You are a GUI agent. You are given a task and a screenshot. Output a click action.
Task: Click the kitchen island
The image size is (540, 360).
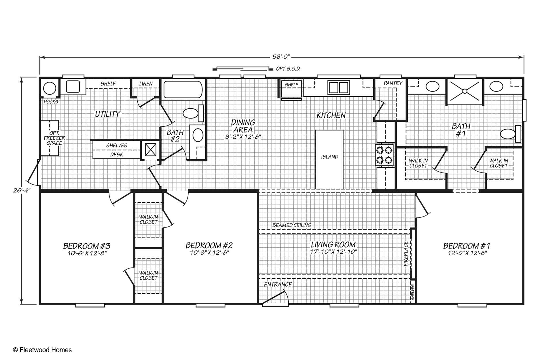point(329,160)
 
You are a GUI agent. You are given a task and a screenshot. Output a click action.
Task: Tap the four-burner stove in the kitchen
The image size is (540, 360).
point(384,155)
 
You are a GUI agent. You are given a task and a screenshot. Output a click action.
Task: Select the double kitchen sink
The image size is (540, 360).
point(339,87)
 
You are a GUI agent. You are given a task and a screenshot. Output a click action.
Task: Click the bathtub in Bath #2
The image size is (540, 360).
point(183,89)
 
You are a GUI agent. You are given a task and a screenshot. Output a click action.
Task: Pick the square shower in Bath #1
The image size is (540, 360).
point(465,91)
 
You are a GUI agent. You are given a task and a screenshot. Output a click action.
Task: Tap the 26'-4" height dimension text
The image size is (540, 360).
point(22,190)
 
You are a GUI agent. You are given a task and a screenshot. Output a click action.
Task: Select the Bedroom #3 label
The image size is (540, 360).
point(87,246)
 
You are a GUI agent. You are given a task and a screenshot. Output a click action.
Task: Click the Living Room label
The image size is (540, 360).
point(333,245)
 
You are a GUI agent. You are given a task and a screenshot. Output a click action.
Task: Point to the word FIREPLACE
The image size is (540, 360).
point(406,254)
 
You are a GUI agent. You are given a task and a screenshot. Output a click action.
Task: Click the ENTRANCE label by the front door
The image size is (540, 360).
point(278,285)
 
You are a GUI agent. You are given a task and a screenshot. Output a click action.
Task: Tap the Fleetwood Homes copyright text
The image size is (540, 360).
point(42,350)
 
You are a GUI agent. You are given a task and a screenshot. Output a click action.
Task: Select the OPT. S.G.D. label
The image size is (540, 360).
point(288,69)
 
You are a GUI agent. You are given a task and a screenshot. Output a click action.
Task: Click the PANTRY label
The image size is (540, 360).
point(393,83)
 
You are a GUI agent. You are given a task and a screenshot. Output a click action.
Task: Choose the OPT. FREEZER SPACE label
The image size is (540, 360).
point(54,138)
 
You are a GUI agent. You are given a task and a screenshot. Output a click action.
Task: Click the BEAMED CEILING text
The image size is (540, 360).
point(292,225)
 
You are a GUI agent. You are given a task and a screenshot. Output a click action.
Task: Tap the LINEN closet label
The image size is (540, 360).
point(146,84)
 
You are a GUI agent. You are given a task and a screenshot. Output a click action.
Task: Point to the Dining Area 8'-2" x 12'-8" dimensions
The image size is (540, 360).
point(243,137)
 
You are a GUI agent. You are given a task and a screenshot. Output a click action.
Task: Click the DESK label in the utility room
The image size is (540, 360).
point(117,155)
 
